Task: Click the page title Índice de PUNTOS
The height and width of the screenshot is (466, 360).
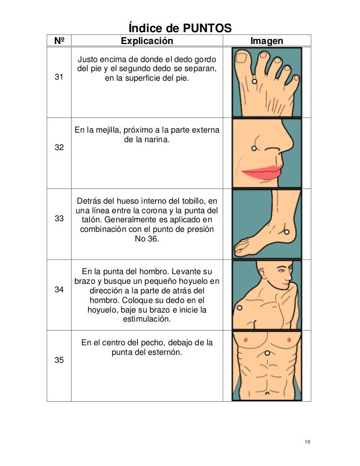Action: point(180,28)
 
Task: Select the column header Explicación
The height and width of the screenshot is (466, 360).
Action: point(147,41)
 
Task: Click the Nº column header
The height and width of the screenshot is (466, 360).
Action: point(59,41)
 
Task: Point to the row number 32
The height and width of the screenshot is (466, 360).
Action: point(59,147)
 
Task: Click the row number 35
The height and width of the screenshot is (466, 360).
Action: point(59,361)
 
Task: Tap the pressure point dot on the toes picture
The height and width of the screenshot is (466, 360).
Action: point(254,82)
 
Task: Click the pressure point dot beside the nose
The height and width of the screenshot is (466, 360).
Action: point(253,148)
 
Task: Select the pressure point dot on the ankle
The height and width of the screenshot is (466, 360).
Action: point(288,231)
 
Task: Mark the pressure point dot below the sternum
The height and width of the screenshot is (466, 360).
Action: point(266,353)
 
